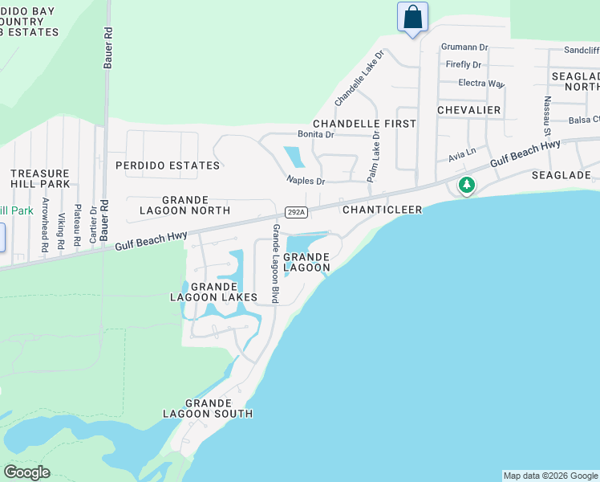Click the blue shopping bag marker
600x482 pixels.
(x=412, y=17)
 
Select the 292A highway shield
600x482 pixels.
(x=295, y=210)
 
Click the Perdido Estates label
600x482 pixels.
(x=168, y=165)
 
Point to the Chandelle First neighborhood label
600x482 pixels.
(x=364, y=124)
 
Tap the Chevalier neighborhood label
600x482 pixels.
(x=469, y=110)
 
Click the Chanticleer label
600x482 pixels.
(x=377, y=210)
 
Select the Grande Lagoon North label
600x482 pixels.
(x=185, y=205)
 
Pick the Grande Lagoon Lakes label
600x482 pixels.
(x=213, y=292)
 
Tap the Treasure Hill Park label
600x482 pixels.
(x=40, y=178)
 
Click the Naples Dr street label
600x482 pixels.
(x=306, y=181)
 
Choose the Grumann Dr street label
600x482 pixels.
(x=465, y=47)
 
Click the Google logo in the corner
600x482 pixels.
(x=26, y=472)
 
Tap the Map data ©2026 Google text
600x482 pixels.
(x=550, y=476)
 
